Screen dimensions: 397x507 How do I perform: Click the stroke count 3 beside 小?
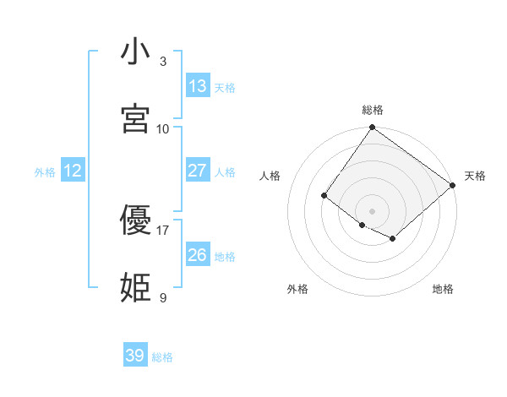163,62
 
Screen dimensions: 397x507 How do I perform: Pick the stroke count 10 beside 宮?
163,129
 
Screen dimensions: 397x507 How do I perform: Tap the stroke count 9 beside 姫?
163,298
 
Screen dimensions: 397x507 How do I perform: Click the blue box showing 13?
198,86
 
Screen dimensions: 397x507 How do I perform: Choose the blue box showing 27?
198,171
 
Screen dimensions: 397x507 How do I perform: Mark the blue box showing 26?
198,255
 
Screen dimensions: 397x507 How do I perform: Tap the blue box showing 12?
73,171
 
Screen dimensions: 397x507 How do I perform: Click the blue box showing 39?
135,356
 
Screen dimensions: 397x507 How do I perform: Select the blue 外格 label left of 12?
45,172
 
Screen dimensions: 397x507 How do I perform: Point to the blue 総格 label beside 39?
163,357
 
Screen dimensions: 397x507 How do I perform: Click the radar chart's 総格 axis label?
372,110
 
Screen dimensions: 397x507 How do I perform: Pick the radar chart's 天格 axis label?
475,176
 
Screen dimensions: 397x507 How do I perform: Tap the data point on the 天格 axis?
453,185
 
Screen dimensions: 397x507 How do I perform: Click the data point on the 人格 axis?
324,196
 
